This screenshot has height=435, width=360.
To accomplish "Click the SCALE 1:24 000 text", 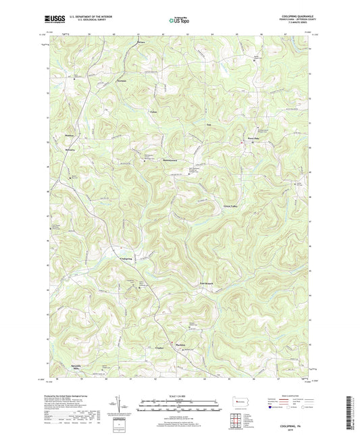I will point(179,396).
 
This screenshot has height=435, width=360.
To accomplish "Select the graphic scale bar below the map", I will point(179,407).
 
